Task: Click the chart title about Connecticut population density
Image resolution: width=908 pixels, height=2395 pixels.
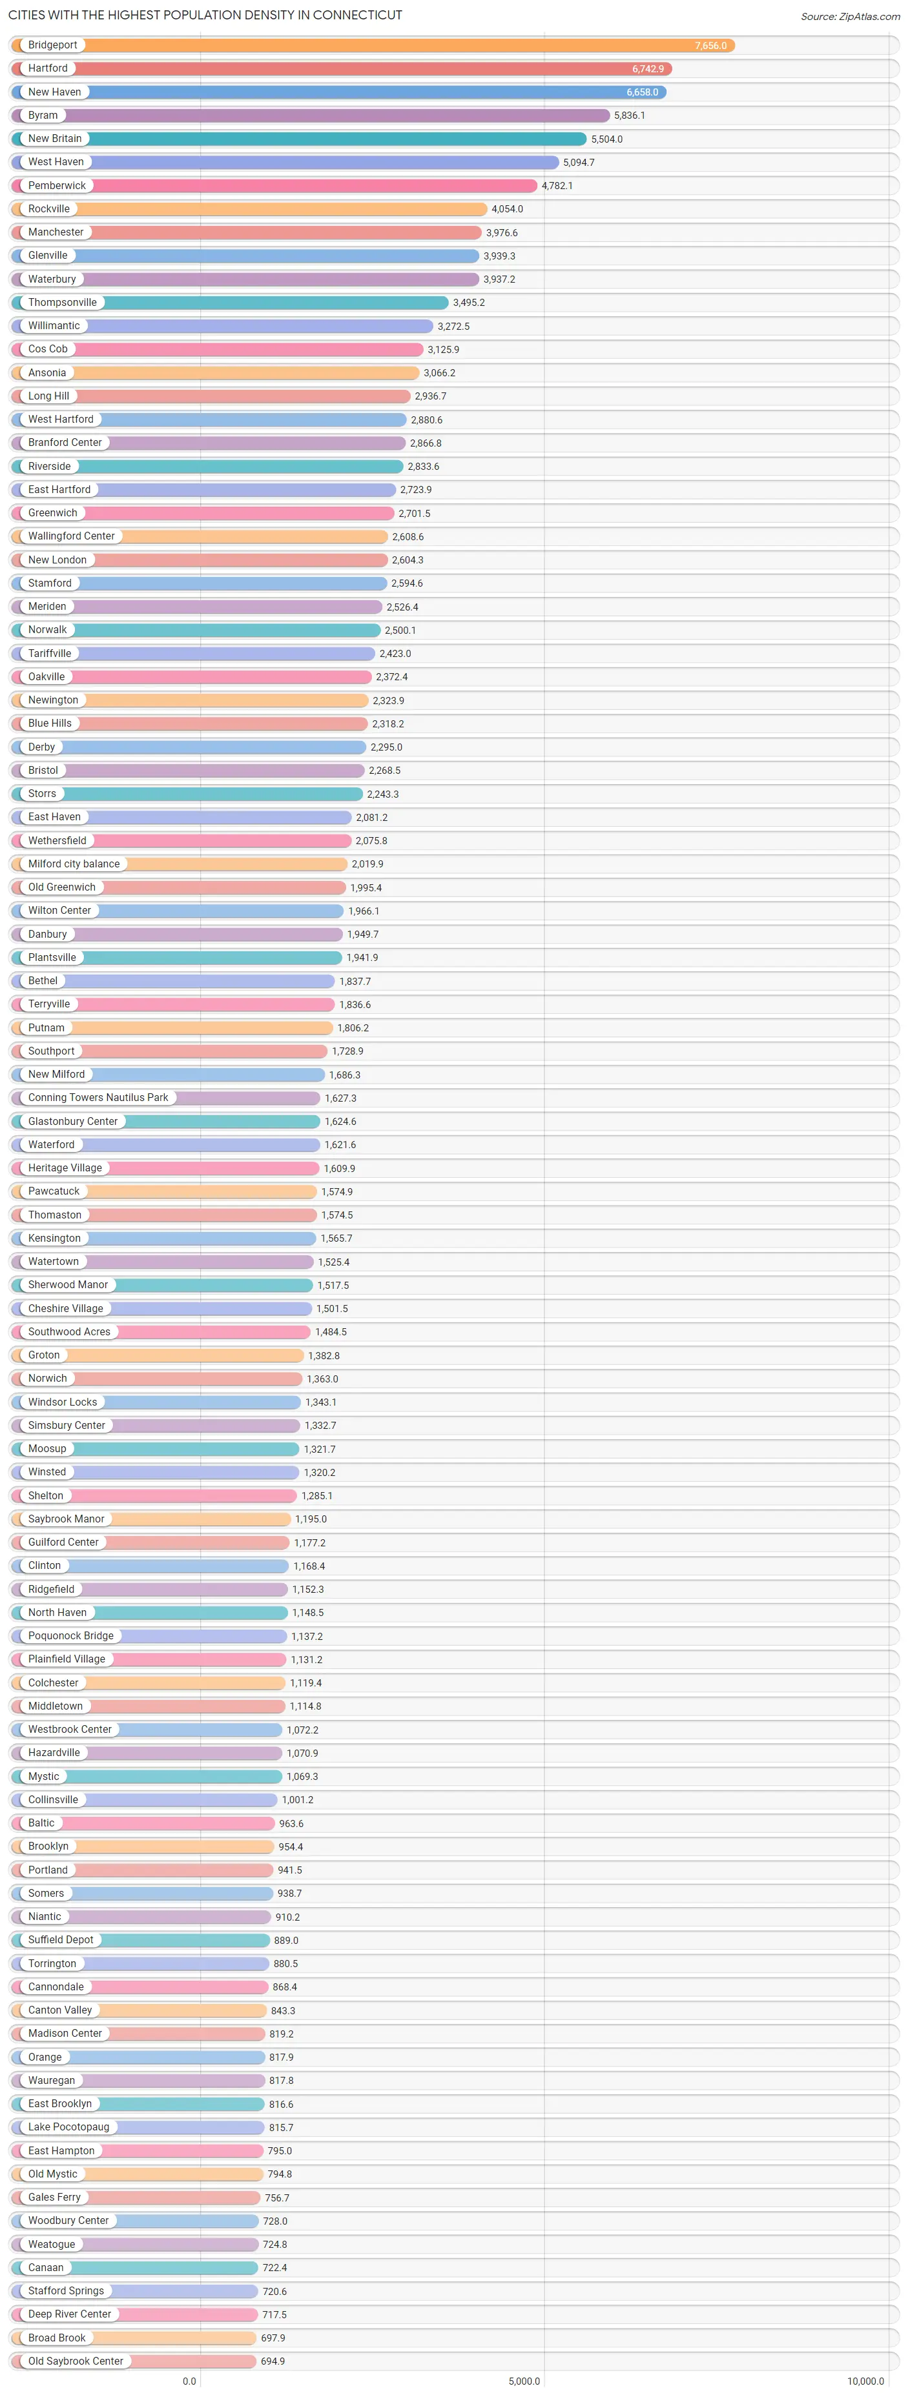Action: [x=205, y=15]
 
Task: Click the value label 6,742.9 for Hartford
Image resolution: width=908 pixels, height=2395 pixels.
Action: [x=648, y=69]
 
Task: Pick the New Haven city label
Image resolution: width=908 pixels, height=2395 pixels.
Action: [x=54, y=92]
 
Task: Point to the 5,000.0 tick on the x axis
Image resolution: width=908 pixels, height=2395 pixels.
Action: [x=524, y=2380]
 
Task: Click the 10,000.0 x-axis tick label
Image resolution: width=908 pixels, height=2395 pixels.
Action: [x=865, y=2380]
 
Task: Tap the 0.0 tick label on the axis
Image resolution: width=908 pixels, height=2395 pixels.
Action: [x=190, y=2380]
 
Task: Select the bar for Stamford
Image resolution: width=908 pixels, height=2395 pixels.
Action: [x=232, y=583]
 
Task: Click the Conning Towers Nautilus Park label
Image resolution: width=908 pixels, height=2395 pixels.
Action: [x=98, y=1097]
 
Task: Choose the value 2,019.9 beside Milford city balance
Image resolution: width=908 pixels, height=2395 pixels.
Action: [x=367, y=864]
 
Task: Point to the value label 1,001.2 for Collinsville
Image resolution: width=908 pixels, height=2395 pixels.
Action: [x=298, y=1800]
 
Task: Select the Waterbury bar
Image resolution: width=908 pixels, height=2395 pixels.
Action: [x=279, y=279]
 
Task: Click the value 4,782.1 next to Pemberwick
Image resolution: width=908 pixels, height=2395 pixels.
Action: [x=557, y=186]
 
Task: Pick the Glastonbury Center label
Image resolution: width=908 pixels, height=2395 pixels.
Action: [x=72, y=1121]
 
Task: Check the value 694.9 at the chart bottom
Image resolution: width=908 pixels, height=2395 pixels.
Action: [x=273, y=2361]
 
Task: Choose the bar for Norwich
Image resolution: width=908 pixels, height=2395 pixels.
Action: [x=186, y=1379]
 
